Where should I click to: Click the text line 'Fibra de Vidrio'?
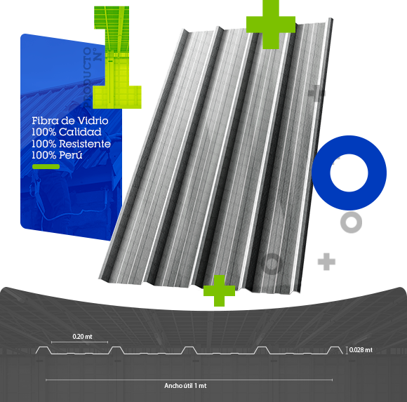pos(70,121)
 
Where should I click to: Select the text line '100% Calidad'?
pos(67,132)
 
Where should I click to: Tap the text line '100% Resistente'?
pos(71,144)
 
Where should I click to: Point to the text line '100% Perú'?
pos(57,155)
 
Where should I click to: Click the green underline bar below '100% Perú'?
pos(46,166)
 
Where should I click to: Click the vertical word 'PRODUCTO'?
pos(88,77)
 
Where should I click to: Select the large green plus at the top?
pos(271,25)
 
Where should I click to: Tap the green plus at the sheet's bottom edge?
pos(220,290)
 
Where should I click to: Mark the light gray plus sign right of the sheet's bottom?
pos(326,262)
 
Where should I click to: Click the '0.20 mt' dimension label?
pos(82,337)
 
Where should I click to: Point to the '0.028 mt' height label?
pos(361,350)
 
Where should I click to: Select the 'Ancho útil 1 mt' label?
pos(185,386)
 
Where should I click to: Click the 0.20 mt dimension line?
pos(80,342)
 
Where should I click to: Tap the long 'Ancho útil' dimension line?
pos(189,380)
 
